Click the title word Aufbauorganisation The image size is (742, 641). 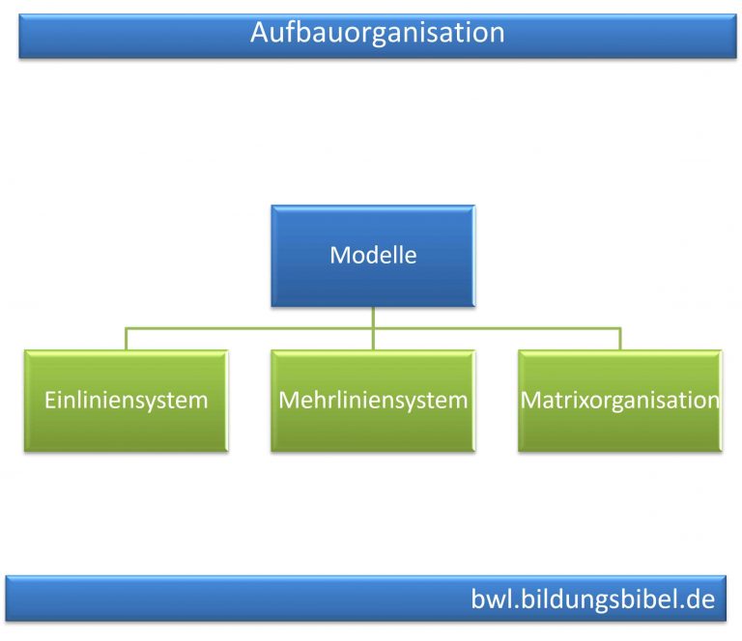click(377, 33)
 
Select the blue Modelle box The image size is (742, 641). click(373, 256)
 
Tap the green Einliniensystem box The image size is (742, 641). click(127, 401)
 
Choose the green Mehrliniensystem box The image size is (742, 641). click(373, 401)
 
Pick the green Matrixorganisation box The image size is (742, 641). click(619, 401)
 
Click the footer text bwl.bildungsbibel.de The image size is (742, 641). click(592, 599)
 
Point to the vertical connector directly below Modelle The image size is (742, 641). click(373, 318)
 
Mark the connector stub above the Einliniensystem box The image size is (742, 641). click(126, 339)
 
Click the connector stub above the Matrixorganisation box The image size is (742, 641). click(620, 339)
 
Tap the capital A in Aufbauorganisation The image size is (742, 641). click(259, 33)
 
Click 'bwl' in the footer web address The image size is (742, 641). click(490, 599)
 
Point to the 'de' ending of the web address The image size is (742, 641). click(700, 599)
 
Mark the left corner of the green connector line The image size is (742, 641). click(126, 329)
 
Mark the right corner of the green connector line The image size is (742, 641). click(620, 329)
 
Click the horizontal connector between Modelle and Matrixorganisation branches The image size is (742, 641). click(498, 329)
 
